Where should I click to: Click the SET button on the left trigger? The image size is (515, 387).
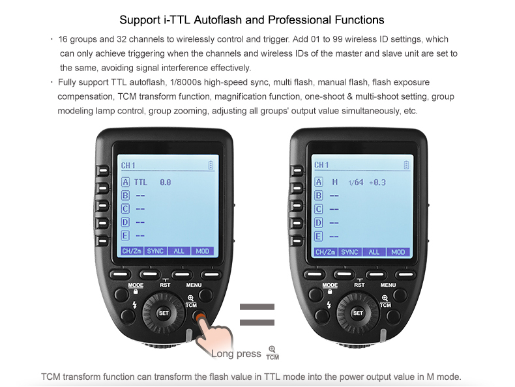tap(164, 313)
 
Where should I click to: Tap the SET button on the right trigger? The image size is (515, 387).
tap(358, 313)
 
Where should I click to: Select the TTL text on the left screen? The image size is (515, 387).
tap(141, 182)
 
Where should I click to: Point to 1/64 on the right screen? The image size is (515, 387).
tap(356, 182)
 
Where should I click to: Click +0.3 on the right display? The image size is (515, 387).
tap(377, 182)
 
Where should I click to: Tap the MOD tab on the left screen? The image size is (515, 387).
tap(202, 251)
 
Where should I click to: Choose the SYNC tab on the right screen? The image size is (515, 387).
tap(349, 251)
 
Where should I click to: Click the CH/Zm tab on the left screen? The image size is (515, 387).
tap(132, 251)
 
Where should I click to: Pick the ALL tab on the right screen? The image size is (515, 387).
tap(374, 251)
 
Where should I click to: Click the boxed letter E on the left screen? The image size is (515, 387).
tap(125, 236)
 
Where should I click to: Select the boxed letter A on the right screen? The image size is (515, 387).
tap(319, 182)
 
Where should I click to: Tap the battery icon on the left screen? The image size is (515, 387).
tap(211, 165)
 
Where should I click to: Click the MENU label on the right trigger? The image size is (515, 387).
tap(388, 285)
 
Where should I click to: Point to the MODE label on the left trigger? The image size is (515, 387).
tap(136, 285)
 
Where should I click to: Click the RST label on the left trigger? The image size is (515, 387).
tap(165, 285)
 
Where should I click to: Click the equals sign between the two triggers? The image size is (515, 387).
tap(257, 315)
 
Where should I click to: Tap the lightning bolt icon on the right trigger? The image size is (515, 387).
tap(329, 305)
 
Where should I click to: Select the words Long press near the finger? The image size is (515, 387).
tap(236, 354)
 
